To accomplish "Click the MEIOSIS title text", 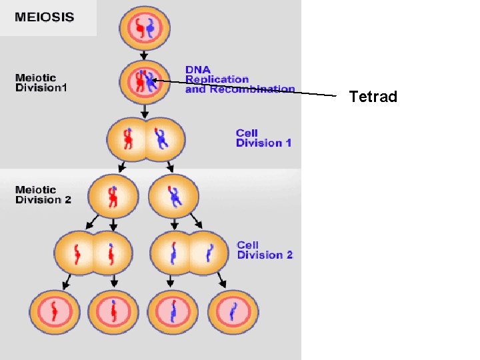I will click(x=45, y=17).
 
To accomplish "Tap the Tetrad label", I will click(x=373, y=97).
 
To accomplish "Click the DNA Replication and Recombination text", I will click(x=239, y=79).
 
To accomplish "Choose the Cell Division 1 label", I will click(x=263, y=138).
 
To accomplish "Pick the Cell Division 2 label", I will click(x=265, y=250).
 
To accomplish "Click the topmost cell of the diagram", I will click(x=145, y=28).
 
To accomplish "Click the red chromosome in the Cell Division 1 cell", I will click(x=128, y=139).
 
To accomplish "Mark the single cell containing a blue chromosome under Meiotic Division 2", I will click(x=174, y=196).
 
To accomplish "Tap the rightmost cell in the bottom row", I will click(x=233, y=311).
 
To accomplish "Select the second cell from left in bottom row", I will click(x=113, y=311).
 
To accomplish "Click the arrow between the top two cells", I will click(x=144, y=55).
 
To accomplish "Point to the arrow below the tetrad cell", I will click(x=144, y=111).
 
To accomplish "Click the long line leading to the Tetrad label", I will click(x=253, y=89).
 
